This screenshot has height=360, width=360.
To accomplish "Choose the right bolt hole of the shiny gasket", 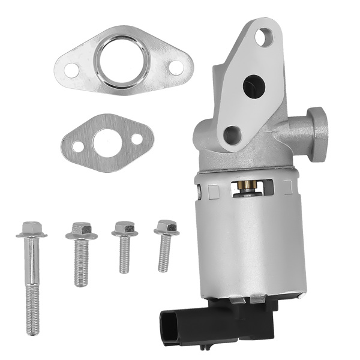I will (x=176, y=67).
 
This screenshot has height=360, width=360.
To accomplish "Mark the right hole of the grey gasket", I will (x=137, y=139).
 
